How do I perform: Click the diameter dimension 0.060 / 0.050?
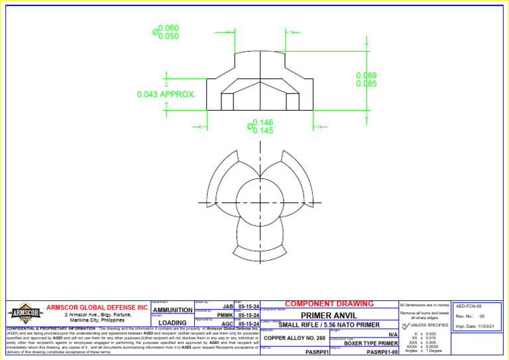[166, 32]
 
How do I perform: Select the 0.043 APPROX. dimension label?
[166, 95]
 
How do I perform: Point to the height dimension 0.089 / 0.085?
[366, 80]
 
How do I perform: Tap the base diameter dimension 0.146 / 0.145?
[260, 127]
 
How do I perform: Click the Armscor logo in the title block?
[25, 312]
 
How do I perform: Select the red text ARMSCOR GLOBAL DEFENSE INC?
[97, 308]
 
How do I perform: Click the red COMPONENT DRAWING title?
[329, 304]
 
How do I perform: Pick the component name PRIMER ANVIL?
[329, 316]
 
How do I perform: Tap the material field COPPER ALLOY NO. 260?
[294, 338]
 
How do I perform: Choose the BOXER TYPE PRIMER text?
[370, 343]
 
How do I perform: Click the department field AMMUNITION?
[172, 310]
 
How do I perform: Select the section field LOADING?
[172, 324]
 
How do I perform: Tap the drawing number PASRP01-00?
[382, 353]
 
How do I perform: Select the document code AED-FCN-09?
[468, 307]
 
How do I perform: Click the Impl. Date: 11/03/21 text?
[475, 326]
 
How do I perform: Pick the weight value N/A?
[392, 335]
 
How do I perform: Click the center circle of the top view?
[260, 202]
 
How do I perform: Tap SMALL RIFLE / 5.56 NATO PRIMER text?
[329, 325]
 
